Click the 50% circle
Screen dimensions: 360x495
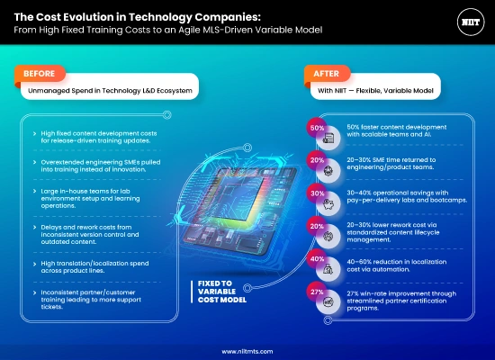pos(317,129)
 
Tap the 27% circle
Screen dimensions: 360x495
pos(317,292)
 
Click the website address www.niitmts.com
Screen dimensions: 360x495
pos(247,352)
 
